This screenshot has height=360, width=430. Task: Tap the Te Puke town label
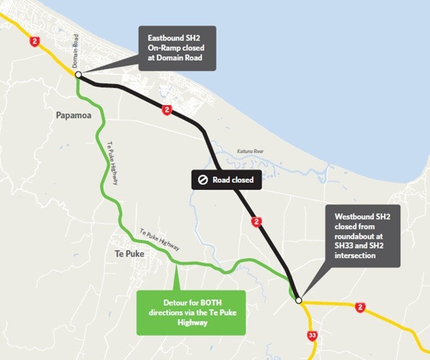coord(129,253)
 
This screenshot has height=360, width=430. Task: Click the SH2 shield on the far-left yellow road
coord(35,42)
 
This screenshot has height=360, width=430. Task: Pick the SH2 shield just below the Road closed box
coord(256,222)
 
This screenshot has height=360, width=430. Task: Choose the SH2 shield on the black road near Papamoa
coord(166,110)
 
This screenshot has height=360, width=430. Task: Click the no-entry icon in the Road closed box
coord(202,180)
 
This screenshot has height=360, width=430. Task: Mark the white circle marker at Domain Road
coord(79,74)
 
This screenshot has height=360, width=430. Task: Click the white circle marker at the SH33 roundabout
coord(298,300)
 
